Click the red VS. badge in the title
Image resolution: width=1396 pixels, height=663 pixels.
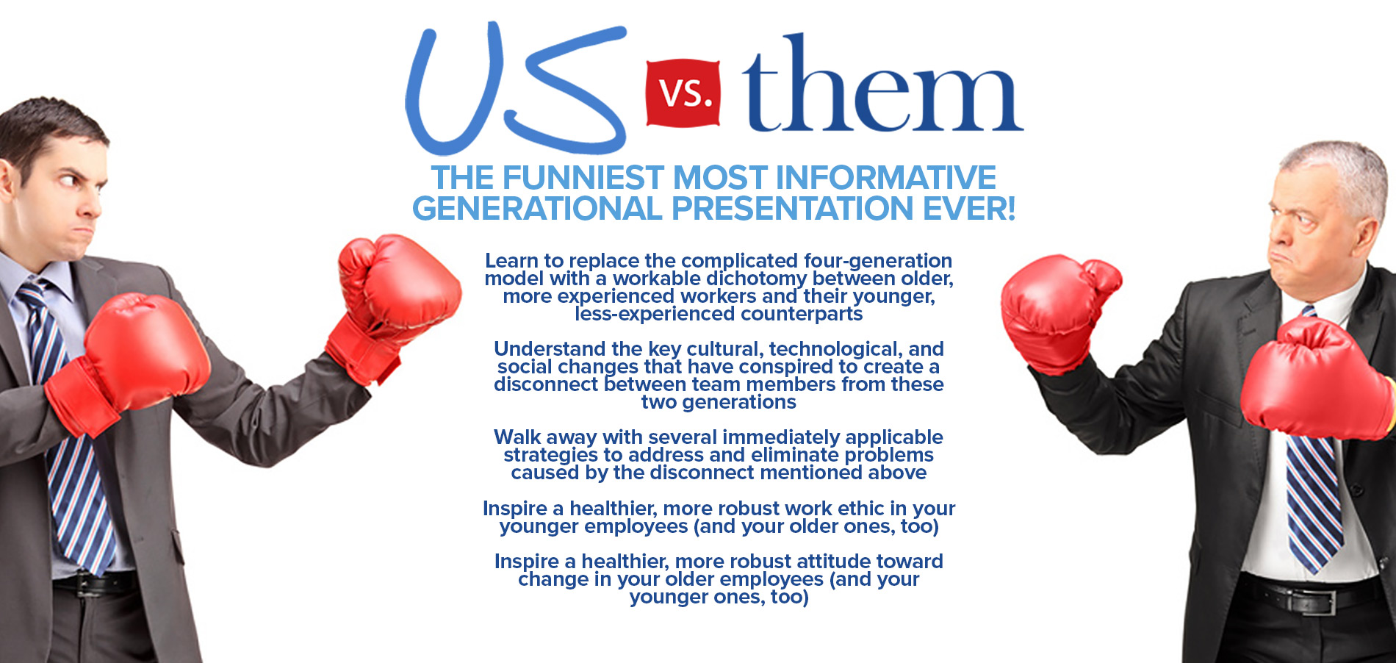[683, 93]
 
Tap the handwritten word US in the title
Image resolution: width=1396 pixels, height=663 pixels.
[516, 88]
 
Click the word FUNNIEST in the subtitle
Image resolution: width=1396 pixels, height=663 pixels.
[583, 178]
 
